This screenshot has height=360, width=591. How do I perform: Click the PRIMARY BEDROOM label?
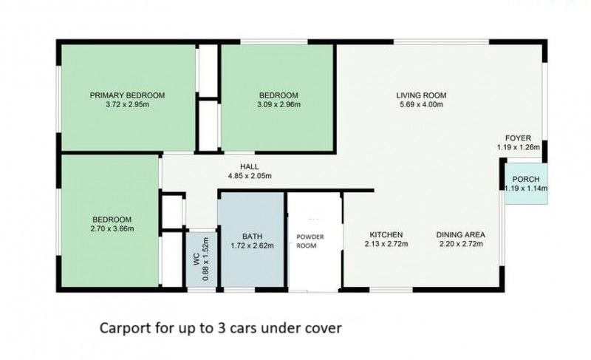click(127, 95)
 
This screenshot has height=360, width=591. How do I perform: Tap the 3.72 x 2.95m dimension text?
click(127, 105)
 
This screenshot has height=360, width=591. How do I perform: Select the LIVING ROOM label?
click(421, 95)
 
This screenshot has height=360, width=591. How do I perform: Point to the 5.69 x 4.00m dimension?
click(421, 105)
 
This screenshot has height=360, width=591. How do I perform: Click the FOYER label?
click(518, 138)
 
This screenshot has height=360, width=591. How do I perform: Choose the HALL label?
click(249, 166)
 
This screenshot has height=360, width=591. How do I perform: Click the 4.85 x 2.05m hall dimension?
click(249, 176)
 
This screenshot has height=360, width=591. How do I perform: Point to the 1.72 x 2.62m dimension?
click(251, 245)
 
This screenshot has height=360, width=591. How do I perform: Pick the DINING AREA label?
click(460, 234)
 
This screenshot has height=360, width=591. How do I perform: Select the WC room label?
click(194, 260)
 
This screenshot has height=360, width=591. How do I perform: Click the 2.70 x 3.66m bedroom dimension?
click(112, 229)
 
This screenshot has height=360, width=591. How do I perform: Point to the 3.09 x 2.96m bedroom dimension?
click(278, 105)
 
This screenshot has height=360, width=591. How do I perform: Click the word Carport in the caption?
click(123, 326)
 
